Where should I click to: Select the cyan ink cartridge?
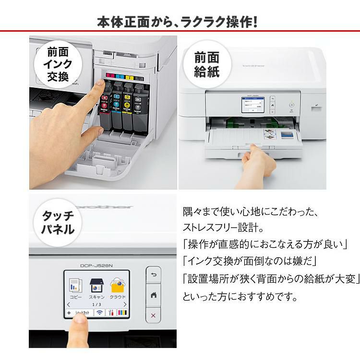click(117, 103)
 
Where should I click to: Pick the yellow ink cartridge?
click(128, 103)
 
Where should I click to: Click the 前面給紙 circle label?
click(206, 65)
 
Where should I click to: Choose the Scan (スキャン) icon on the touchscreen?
click(97, 287)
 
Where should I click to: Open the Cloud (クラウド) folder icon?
click(118, 287)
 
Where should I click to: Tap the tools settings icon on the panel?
click(112, 312)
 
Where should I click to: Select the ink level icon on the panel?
click(122, 312)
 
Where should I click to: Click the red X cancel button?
click(153, 315)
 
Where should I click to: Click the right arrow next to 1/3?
click(125, 304)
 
